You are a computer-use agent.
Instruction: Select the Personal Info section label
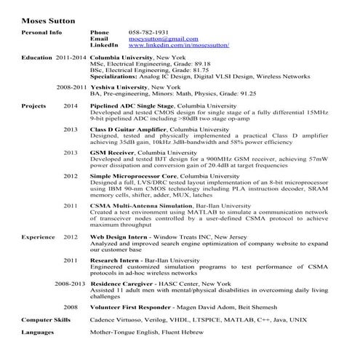click(x=41, y=33)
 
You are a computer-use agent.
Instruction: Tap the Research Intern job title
click(x=115, y=260)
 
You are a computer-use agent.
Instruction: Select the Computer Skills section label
click(x=46, y=319)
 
